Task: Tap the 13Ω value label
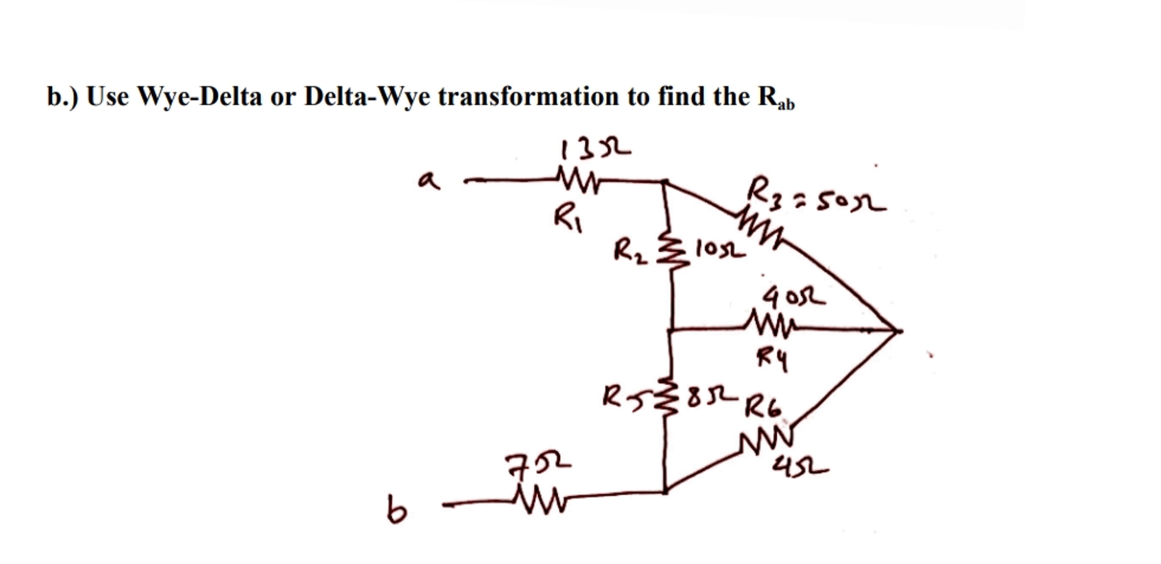[x=595, y=150]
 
